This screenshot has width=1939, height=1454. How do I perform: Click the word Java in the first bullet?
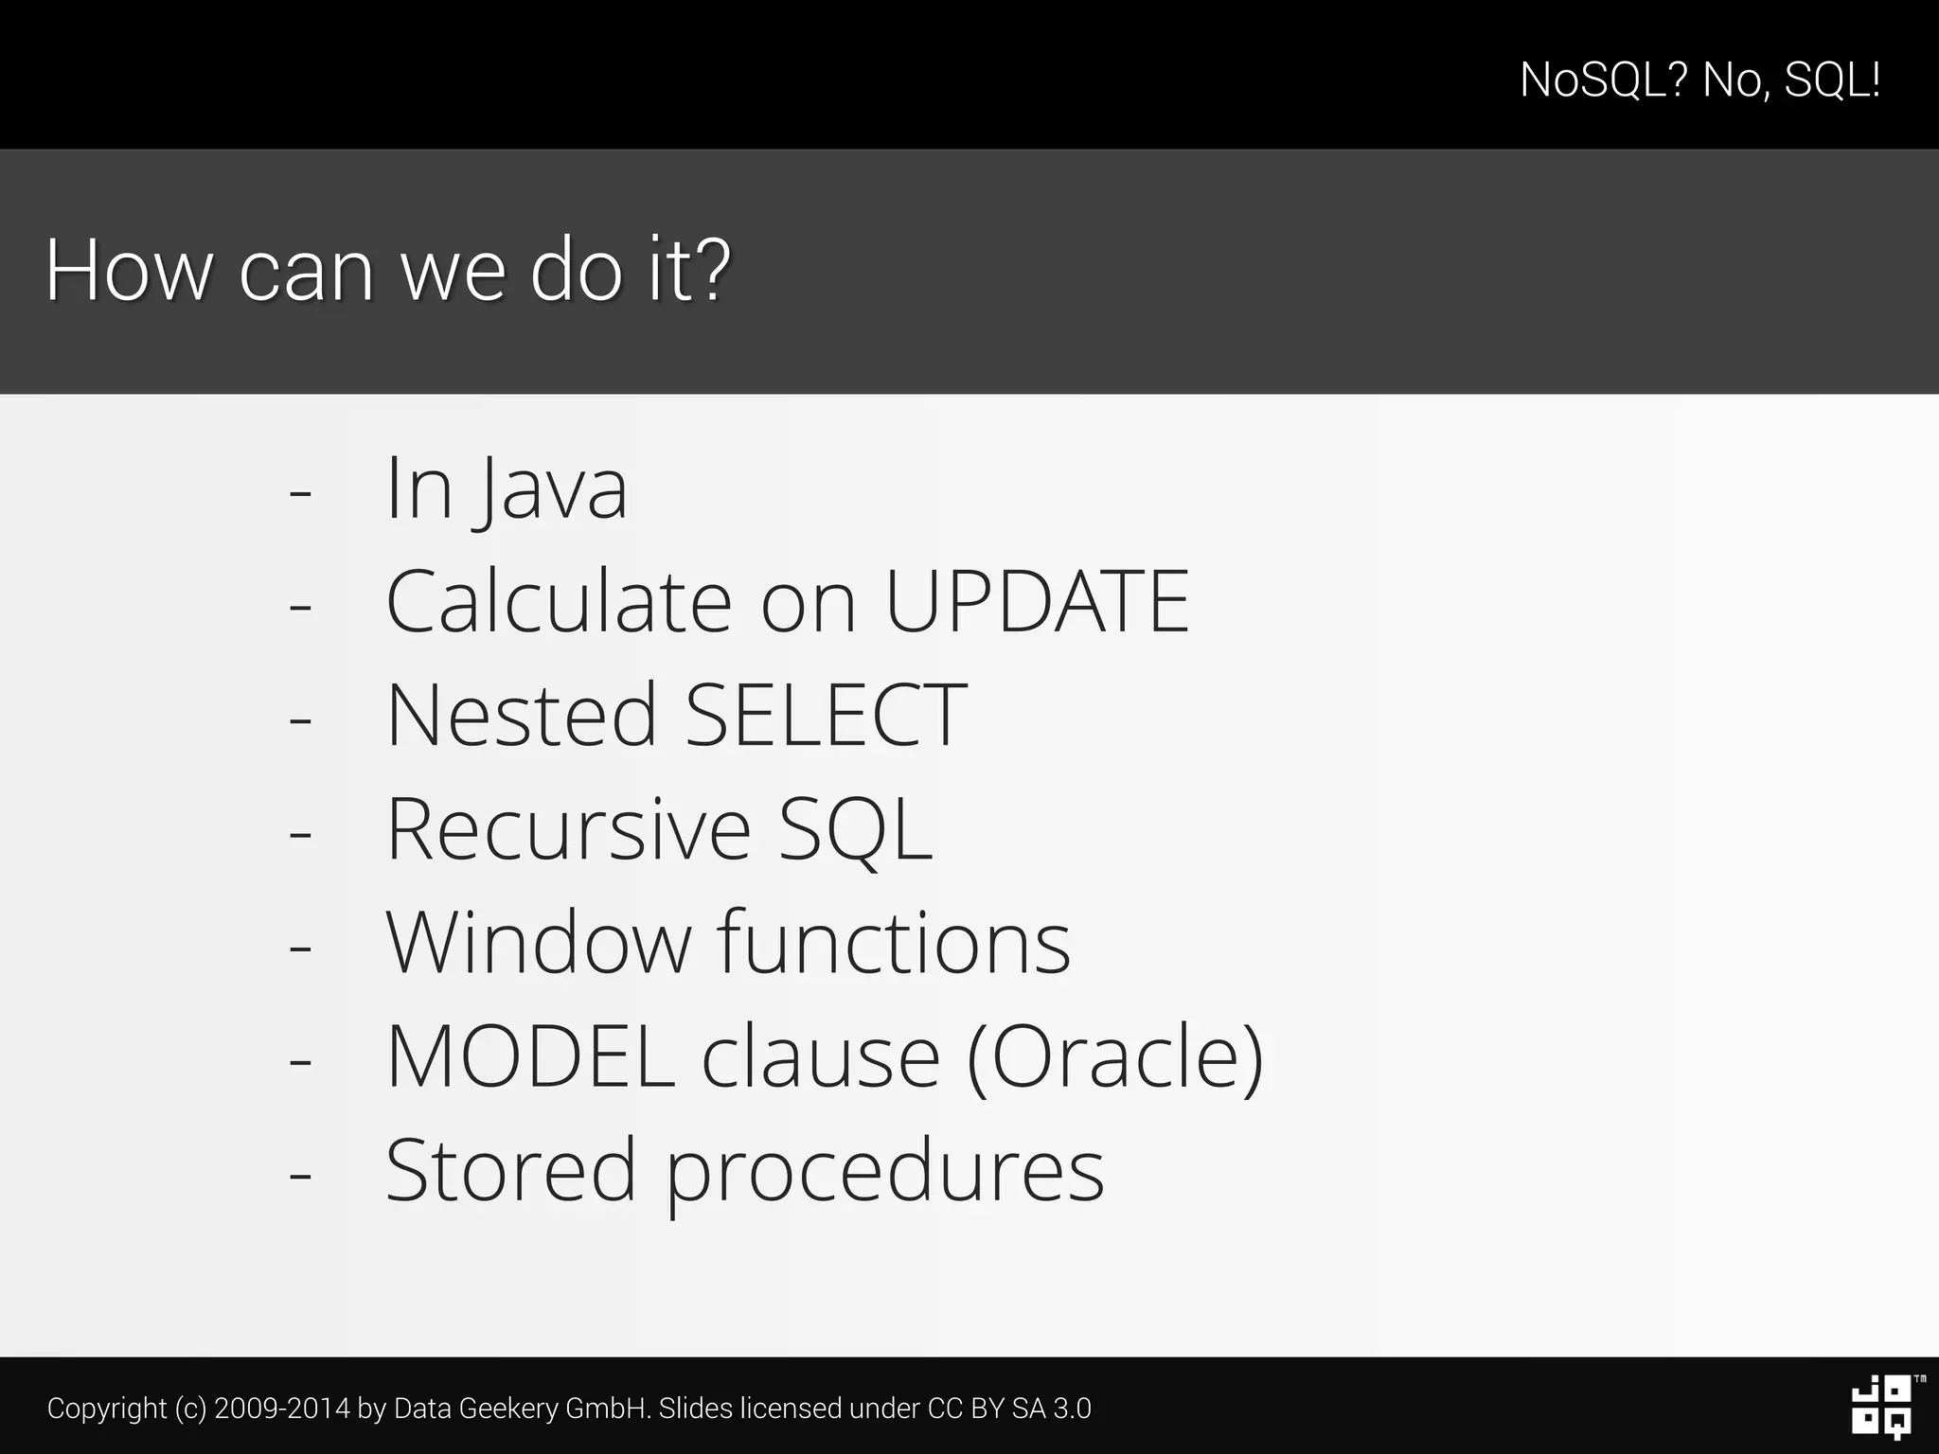pyautogui.click(x=552, y=489)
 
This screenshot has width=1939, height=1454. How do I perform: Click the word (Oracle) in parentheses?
pyautogui.click(x=1115, y=1057)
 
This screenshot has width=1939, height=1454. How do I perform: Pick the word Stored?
pyautogui.click(x=510, y=1170)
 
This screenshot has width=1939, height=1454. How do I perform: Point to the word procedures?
pyautogui.click(x=885, y=1174)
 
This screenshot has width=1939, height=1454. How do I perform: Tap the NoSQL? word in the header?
pyautogui.click(x=1603, y=80)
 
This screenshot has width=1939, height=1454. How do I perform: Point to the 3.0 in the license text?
pyautogui.click(x=1072, y=1409)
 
